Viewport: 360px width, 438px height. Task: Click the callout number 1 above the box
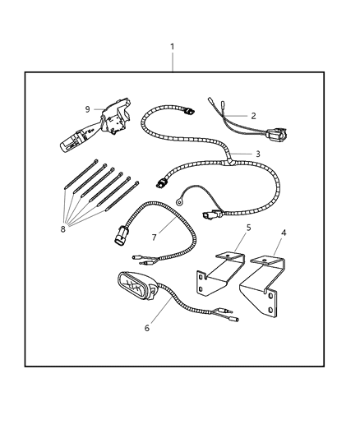click(x=173, y=47)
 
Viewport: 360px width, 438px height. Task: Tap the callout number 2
click(x=253, y=116)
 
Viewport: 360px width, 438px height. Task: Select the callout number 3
click(x=257, y=154)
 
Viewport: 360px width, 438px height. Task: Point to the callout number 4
click(x=284, y=233)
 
